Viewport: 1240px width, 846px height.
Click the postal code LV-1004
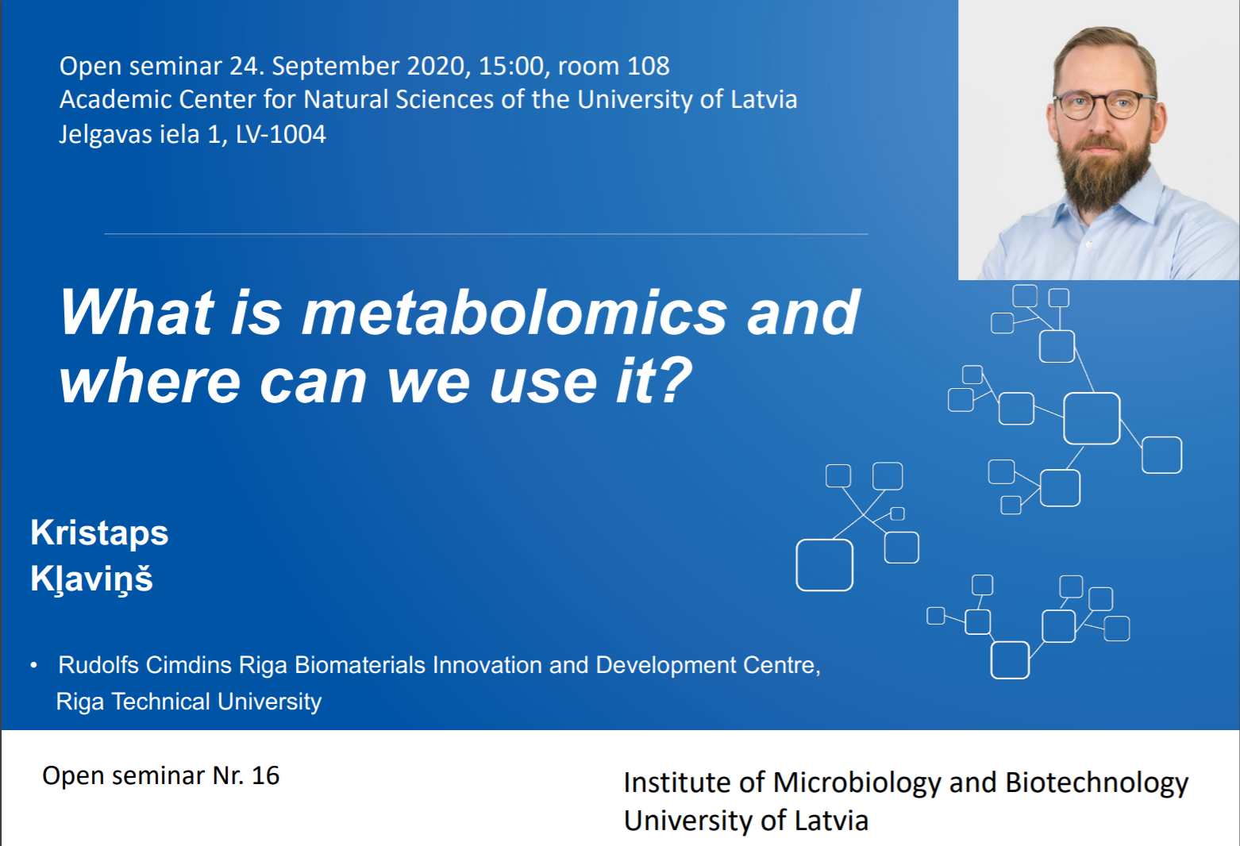pyautogui.click(x=281, y=134)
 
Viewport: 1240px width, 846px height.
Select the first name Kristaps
pyautogui.click(x=99, y=533)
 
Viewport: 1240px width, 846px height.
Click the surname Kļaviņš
pyautogui.click(x=91, y=579)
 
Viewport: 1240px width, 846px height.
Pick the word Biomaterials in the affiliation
pyautogui.click(x=360, y=665)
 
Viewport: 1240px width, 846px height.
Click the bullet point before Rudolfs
pyautogui.click(x=34, y=665)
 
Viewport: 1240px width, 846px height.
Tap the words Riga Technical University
pyautogui.click(x=189, y=702)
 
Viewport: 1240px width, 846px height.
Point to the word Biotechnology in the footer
pyautogui.click(x=1096, y=783)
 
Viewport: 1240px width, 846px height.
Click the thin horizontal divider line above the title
pyautogui.click(x=486, y=235)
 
